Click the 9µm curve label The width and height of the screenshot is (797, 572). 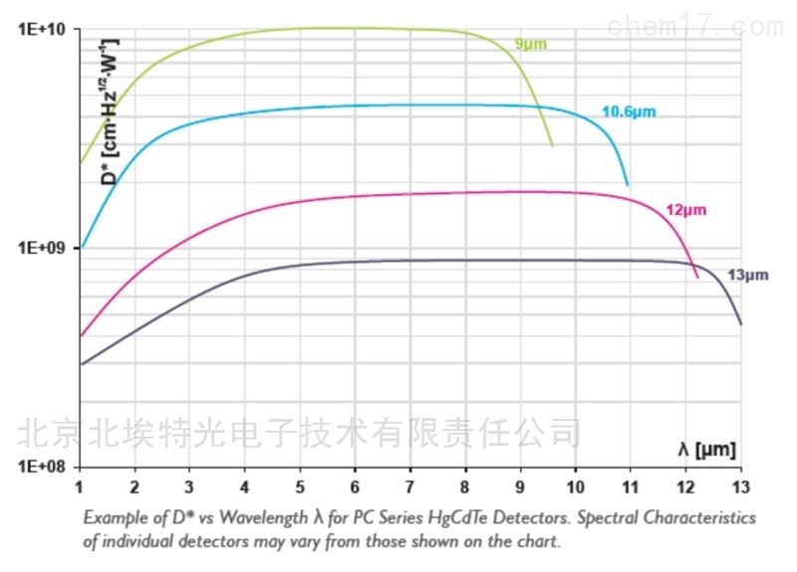click(530, 44)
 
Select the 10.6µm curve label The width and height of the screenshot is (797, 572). click(629, 111)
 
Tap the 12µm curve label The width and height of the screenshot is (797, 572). click(684, 209)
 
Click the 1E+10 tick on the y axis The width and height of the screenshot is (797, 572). click(43, 30)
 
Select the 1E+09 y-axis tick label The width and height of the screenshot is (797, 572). click(43, 248)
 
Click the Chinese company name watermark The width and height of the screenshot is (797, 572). click(299, 432)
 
